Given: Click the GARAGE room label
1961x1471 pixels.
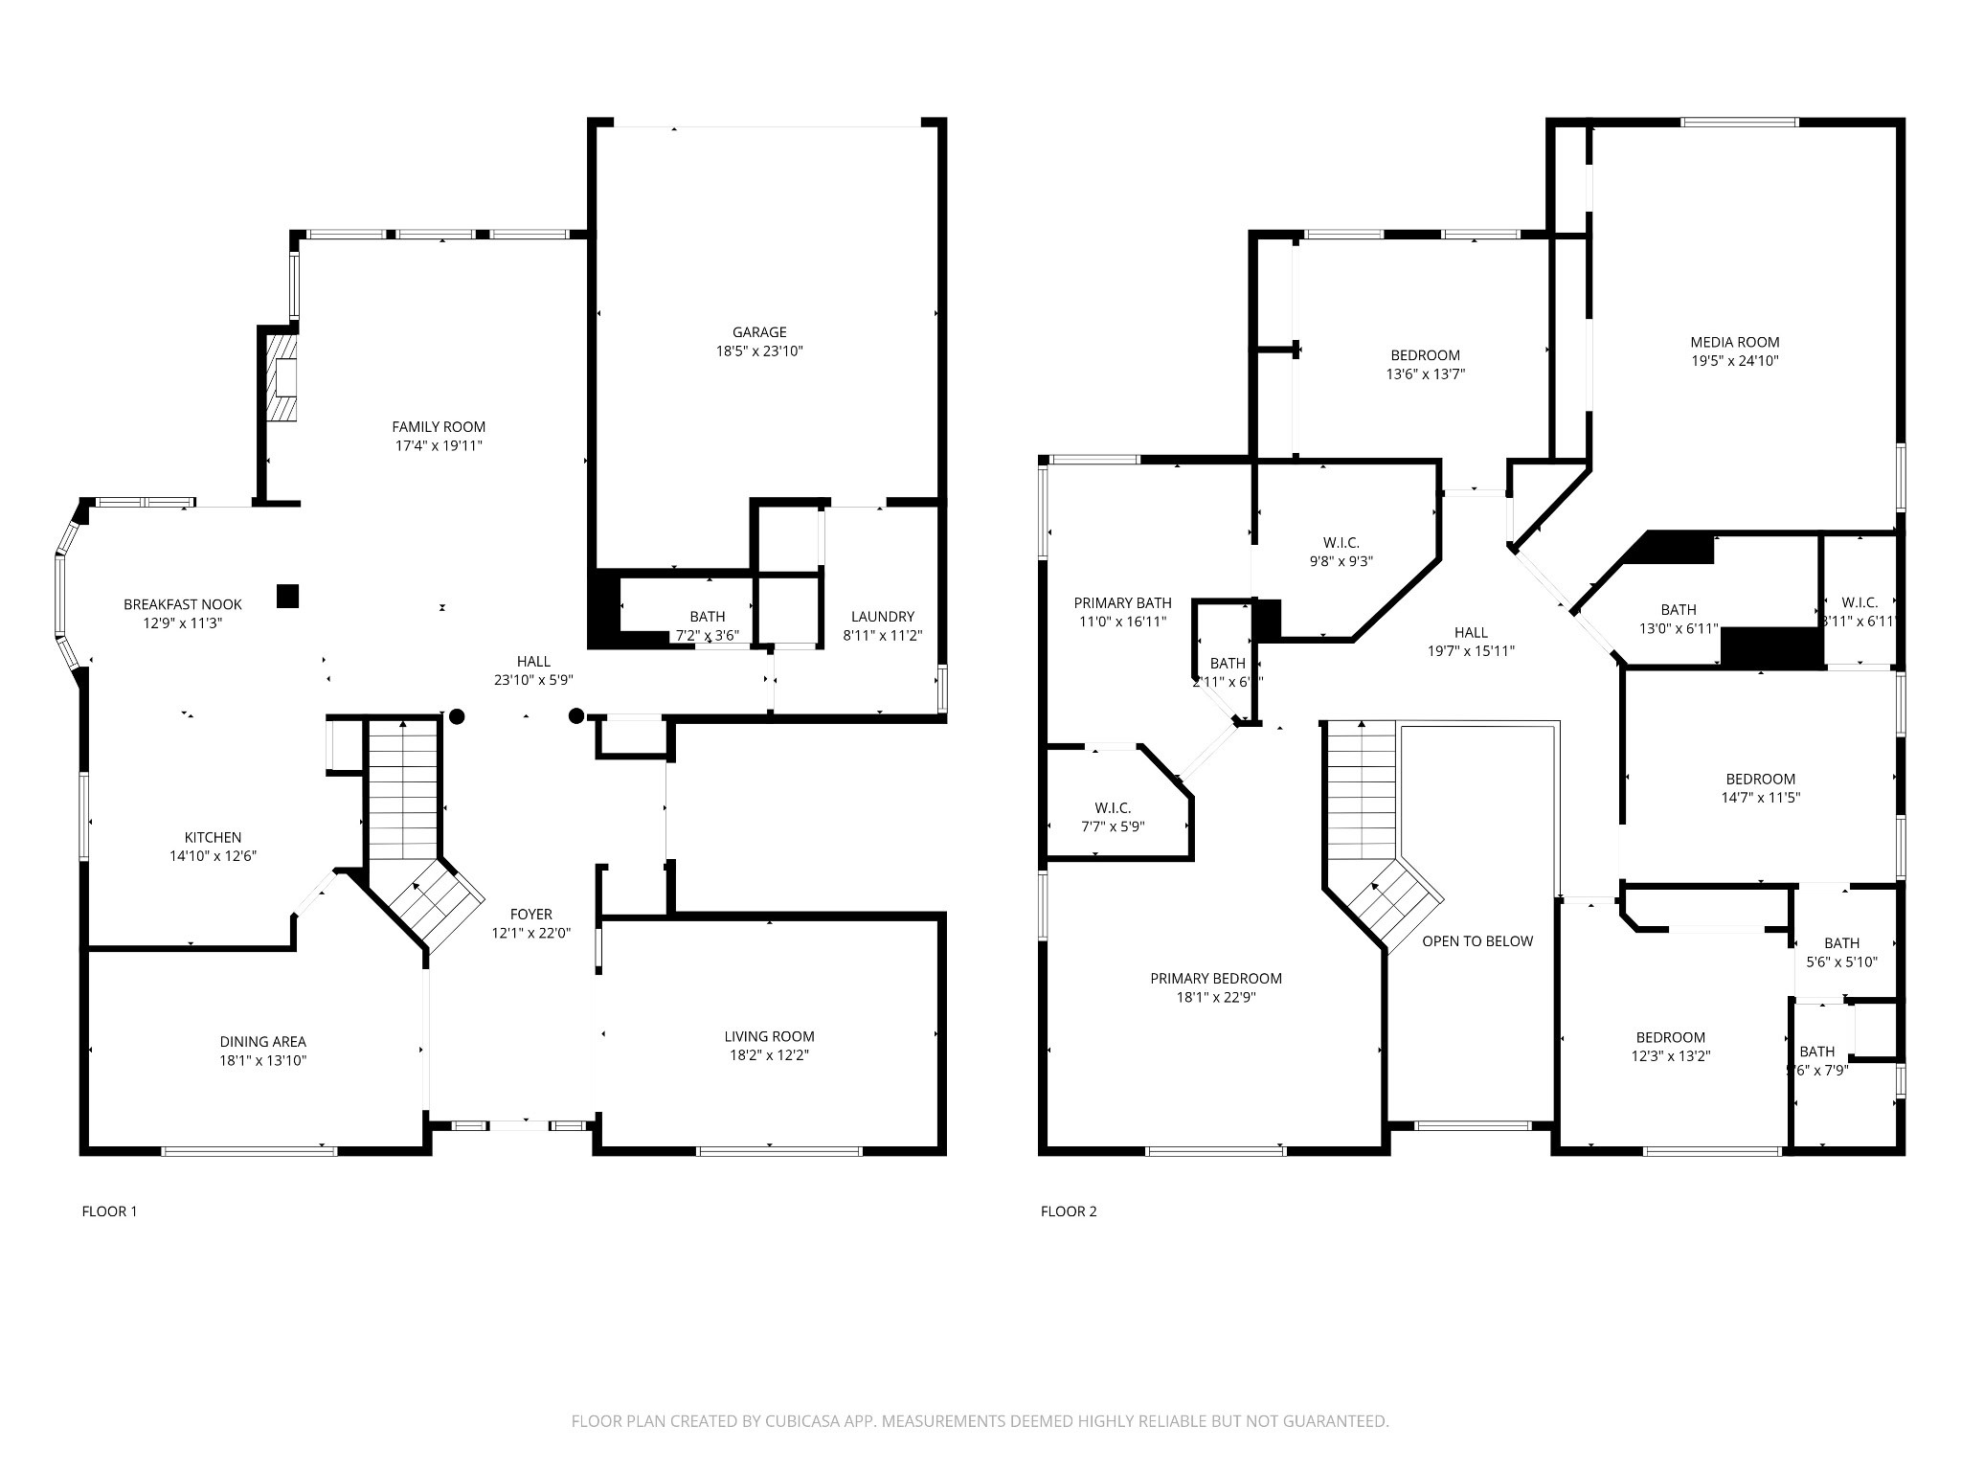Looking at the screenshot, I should point(759,332).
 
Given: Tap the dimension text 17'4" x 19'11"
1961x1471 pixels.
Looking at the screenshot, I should point(439,446).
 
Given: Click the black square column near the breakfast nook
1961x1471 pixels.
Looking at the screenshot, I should point(287,596).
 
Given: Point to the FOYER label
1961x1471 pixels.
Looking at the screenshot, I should point(530,915).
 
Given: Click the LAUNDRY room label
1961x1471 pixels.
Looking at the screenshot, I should point(882,617).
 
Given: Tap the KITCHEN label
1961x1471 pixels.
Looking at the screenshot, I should point(213,838).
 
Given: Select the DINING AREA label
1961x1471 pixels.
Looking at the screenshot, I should point(262,1042).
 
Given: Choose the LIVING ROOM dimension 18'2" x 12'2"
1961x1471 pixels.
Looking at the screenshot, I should point(769,1055).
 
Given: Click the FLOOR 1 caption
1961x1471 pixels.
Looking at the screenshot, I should point(109,1211).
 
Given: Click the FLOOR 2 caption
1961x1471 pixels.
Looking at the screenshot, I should point(1069,1211).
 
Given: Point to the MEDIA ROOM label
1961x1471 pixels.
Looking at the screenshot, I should point(1734,342).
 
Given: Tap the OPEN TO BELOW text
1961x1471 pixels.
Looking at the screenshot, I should point(1476,941).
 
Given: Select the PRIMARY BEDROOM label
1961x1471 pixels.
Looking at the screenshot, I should point(1215,979).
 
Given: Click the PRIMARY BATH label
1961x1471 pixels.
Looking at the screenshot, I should point(1122,603).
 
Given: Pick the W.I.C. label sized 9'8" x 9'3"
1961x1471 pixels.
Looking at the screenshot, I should point(1341,543).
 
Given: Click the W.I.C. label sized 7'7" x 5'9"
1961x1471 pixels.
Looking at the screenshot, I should point(1112,808).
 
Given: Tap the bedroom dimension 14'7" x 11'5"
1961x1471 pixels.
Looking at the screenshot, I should point(1760,797).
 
